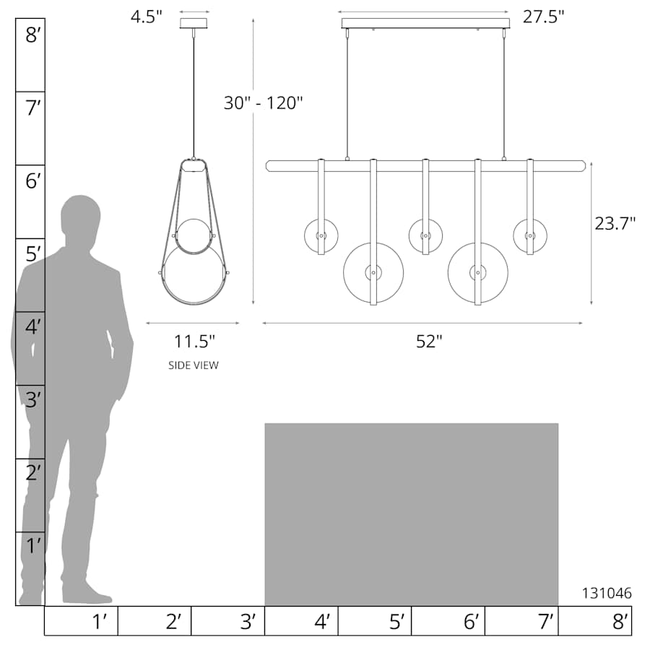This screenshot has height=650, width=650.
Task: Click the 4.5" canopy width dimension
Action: coord(147,16)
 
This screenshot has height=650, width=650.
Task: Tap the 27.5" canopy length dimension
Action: coord(544,17)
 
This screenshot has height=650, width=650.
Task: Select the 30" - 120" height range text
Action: coord(263,103)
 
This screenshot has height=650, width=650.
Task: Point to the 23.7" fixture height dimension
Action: coord(615,223)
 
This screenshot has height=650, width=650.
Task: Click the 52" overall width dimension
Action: coord(428,342)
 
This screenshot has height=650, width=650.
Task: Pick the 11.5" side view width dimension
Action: coord(194,341)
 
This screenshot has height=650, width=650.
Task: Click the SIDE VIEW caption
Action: coord(193,365)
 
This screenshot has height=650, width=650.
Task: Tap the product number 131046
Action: coord(607,593)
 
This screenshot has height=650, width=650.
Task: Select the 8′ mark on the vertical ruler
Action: coord(32,34)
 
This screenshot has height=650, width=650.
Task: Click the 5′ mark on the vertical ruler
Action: coord(32,254)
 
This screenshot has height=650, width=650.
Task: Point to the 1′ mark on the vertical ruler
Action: coord(32,546)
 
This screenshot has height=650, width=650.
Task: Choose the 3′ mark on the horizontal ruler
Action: coord(247,621)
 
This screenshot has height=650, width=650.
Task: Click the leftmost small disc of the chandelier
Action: coord(321,236)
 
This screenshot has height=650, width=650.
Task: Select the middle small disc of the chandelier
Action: coord(425,235)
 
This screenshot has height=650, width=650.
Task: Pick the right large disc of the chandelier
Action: coord(477,273)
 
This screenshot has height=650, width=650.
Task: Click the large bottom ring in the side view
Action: coord(194,275)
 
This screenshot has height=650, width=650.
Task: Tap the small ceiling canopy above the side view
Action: coord(194,23)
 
